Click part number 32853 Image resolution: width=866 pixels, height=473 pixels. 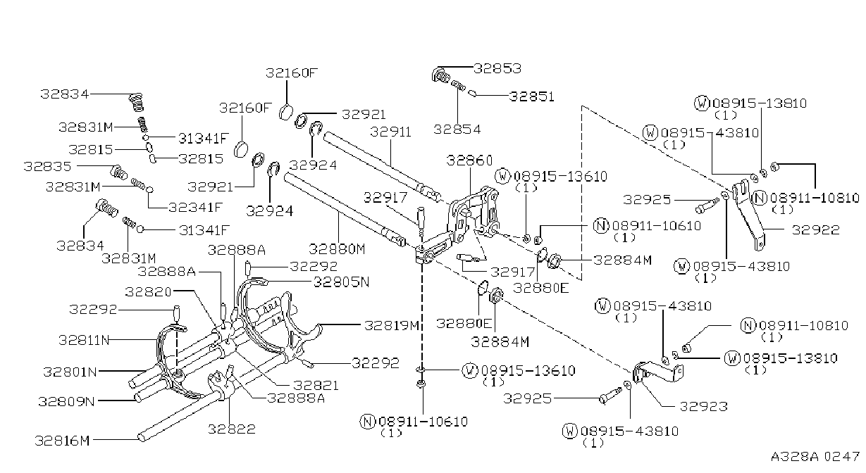pyautogui.click(x=497, y=68)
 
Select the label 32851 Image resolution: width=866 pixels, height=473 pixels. pyautogui.click(x=531, y=96)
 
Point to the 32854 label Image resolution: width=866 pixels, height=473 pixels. pyautogui.click(x=457, y=129)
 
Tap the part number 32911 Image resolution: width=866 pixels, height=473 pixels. pyautogui.click(x=390, y=132)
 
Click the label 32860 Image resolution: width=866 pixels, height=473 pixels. pyautogui.click(x=469, y=160)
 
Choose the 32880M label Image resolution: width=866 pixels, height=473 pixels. pyautogui.click(x=337, y=249)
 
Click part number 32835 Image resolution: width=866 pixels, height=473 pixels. pyautogui.click(x=47, y=166)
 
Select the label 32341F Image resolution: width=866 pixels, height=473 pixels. pyautogui.click(x=196, y=208)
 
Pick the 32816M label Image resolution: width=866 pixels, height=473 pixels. pyautogui.click(x=62, y=441)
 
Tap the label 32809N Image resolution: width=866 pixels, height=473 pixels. pyautogui.click(x=66, y=402)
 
